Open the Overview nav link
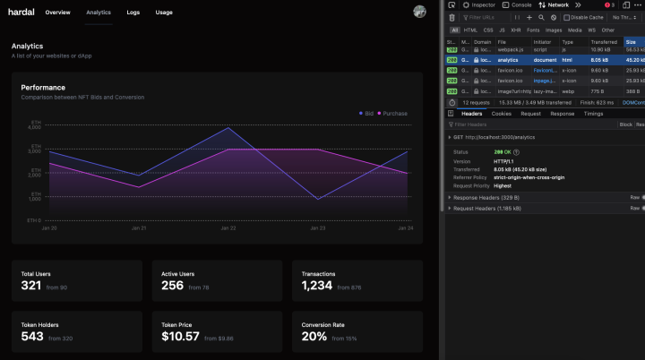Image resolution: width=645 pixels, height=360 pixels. tap(57, 13)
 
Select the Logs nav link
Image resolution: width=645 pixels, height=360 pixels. tap(133, 13)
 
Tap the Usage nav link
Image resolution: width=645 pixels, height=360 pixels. tap(164, 13)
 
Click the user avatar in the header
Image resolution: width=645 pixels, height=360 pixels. tap(419, 12)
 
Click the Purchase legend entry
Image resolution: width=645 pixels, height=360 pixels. tap(392, 114)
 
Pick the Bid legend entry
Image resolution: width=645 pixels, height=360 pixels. tap(365, 114)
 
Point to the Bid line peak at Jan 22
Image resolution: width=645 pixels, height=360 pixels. tap(228, 127)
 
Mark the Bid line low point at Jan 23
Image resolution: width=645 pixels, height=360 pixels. tap(318, 199)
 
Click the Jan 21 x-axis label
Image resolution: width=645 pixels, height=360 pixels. tap(139, 228)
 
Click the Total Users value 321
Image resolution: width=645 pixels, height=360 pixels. tap(32, 286)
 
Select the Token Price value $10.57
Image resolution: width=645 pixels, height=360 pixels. tap(181, 337)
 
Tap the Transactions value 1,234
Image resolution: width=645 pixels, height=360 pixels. tap(317, 286)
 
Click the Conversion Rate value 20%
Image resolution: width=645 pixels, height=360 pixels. tap(314, 337)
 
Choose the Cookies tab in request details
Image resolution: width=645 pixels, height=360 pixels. tap(502, 114)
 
